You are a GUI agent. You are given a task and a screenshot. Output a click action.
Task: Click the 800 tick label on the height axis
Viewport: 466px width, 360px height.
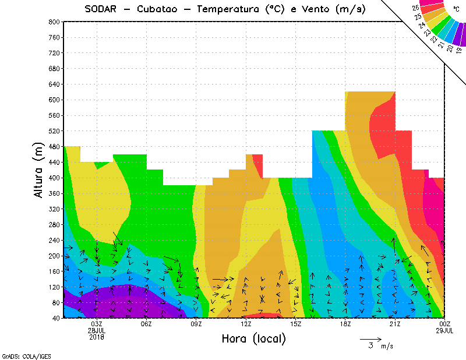coord(54,22)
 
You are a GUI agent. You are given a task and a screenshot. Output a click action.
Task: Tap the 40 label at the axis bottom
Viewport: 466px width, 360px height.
coord(56,318)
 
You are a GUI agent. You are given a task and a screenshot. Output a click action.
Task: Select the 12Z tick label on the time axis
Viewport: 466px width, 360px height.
coord(246,324)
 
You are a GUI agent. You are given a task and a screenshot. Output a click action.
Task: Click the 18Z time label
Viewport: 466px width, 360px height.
coord(345,324)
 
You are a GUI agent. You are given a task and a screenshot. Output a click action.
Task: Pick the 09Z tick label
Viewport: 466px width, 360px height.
coord(196,324)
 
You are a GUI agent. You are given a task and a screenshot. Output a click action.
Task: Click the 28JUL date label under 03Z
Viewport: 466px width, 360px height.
coord(97,330)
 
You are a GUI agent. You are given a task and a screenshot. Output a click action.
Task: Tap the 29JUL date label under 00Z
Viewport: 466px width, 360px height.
coord(445,330)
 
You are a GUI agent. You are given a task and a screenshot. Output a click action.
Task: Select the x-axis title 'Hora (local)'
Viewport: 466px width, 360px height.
coord(253,338)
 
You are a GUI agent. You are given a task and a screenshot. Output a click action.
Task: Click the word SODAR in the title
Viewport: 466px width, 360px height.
coord(100,9)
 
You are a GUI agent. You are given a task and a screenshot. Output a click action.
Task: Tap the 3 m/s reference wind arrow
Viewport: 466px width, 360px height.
coord(370,339)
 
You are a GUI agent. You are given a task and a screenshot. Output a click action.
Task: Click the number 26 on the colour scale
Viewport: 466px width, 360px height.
coord(415,8)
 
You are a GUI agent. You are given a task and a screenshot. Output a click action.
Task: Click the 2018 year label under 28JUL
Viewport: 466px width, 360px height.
coord(97,337)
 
